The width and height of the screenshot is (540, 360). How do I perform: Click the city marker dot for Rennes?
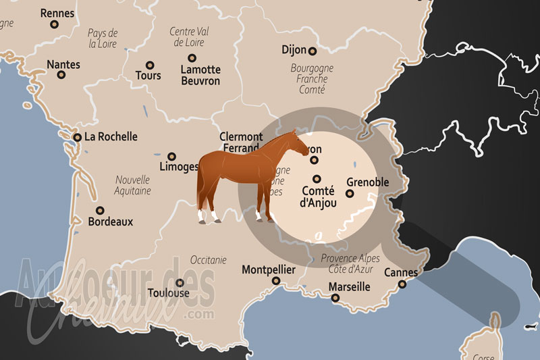pos(54,24)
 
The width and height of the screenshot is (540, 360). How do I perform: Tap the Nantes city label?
pos(63,65)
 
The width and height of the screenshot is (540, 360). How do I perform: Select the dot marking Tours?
pos(148,65)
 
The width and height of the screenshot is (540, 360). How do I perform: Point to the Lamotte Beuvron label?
pos(200,75)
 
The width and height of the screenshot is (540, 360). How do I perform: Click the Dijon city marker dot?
pos(313,51)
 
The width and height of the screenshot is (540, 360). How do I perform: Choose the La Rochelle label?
pos(110,136)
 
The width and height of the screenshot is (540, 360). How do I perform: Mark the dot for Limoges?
pos(171,156)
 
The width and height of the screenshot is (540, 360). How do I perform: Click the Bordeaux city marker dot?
pos(100,210)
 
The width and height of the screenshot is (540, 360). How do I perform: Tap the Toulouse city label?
pos(168,294)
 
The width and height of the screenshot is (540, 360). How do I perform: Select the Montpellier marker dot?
pos(276,280)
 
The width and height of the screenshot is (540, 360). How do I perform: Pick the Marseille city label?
pos(350,287)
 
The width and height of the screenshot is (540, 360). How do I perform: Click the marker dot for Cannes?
pos(402,284)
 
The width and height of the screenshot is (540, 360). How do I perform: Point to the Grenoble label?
pos(367,182)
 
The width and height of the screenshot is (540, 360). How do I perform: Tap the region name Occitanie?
pos(209,259)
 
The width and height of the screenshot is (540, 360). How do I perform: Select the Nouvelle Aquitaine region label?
pos(132,186)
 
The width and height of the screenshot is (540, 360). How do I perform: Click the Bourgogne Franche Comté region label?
pos(312,78)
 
